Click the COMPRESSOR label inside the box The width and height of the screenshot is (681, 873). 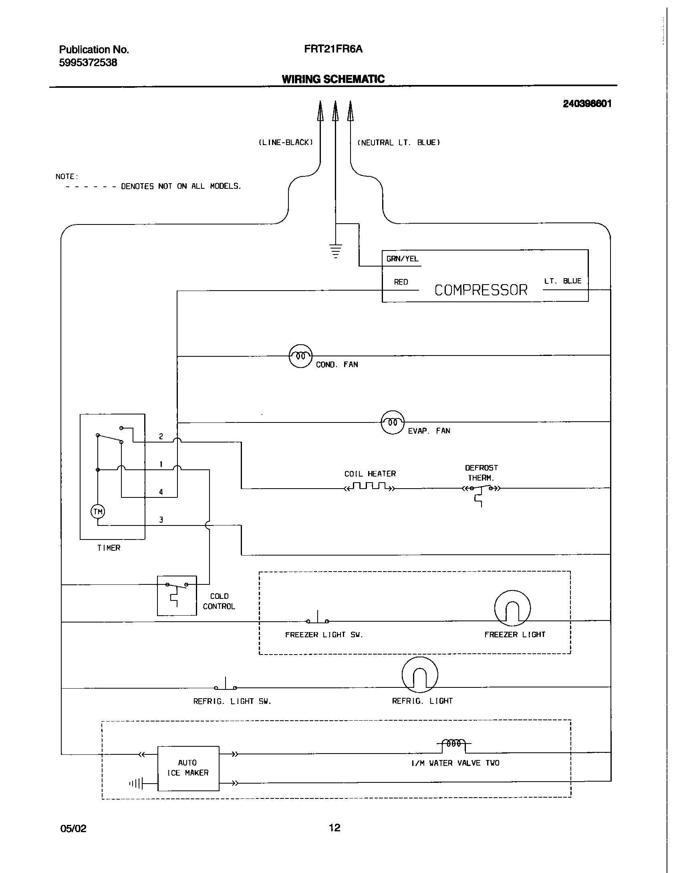[x=481, y=290]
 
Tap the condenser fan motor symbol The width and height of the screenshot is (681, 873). [x=300, y=356]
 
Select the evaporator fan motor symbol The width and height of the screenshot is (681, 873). [x=392, y=422]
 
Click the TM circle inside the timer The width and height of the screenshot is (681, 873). [x=98, y=511]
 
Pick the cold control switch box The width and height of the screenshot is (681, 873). [x=177, y=596]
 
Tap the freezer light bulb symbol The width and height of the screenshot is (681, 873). [x=512, y=608]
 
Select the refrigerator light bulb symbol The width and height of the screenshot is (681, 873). [x=419, y=675]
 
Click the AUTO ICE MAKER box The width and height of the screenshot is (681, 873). [x=188, y=768]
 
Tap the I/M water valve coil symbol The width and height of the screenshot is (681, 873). [x=453, y=744]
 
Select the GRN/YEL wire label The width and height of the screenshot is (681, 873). [x=402, y=259]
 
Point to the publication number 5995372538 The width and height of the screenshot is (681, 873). [x=88, y=63]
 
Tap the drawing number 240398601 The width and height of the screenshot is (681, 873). [x=587, y=104]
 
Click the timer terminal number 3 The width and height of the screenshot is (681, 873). [x=161, y=520]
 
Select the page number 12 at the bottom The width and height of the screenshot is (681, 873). [x=334, y=828]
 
